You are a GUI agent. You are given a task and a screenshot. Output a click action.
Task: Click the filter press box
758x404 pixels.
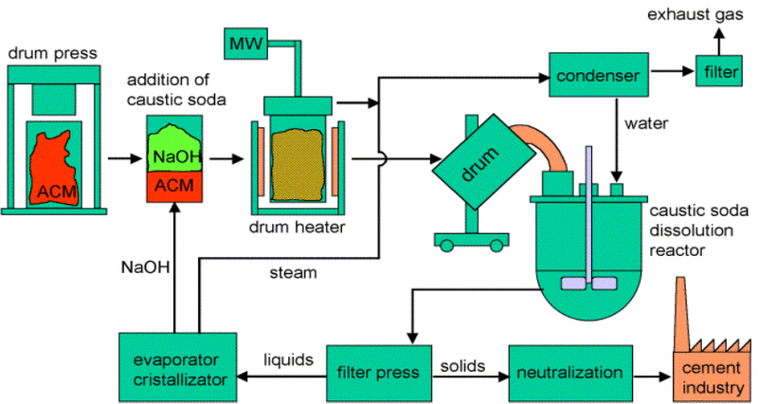tap(379, 372)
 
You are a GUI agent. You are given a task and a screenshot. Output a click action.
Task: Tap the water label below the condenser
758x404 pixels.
tap(645, 122)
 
